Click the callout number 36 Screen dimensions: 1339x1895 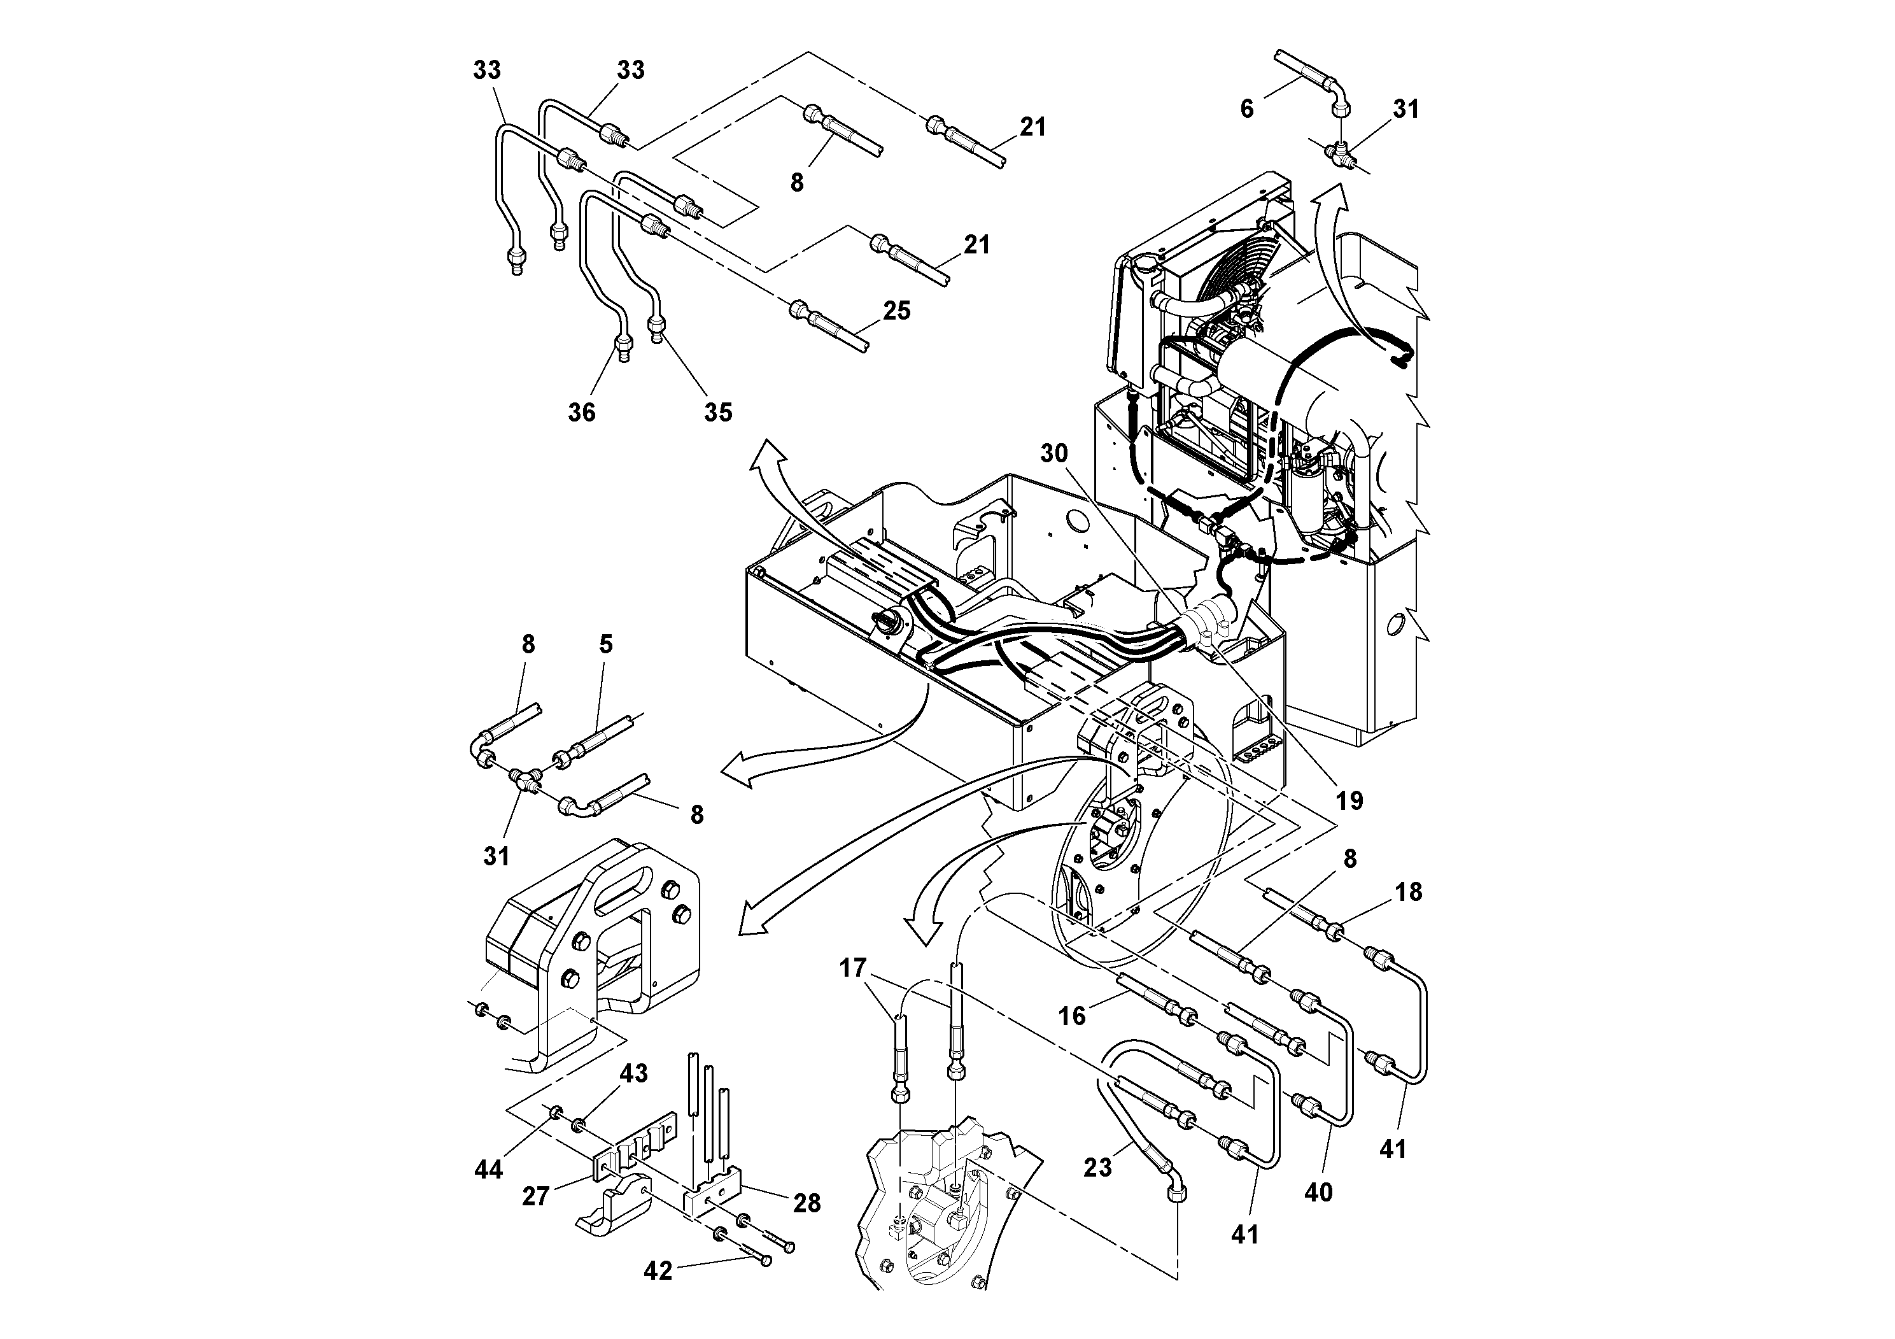pyautogui.click(x=581, y=412)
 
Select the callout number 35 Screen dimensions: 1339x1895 pyautogui.click(x=717, y=412)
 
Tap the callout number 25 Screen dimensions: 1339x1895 pyautogui.click(x=896, y=311)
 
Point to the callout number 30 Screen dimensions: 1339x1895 pyautogui.click(x=1054, y=453)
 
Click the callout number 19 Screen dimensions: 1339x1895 pyautogui.click(x=1349, y=800)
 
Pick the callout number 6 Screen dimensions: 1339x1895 pyautogui.click(x=1247, y=109)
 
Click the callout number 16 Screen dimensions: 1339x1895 pyautogui.click(x=1072, y=1016)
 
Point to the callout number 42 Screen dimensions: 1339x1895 pyautogui.click(x=658, y=1272)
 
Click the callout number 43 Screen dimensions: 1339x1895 pyautogui.click(x=634, y=1074)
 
